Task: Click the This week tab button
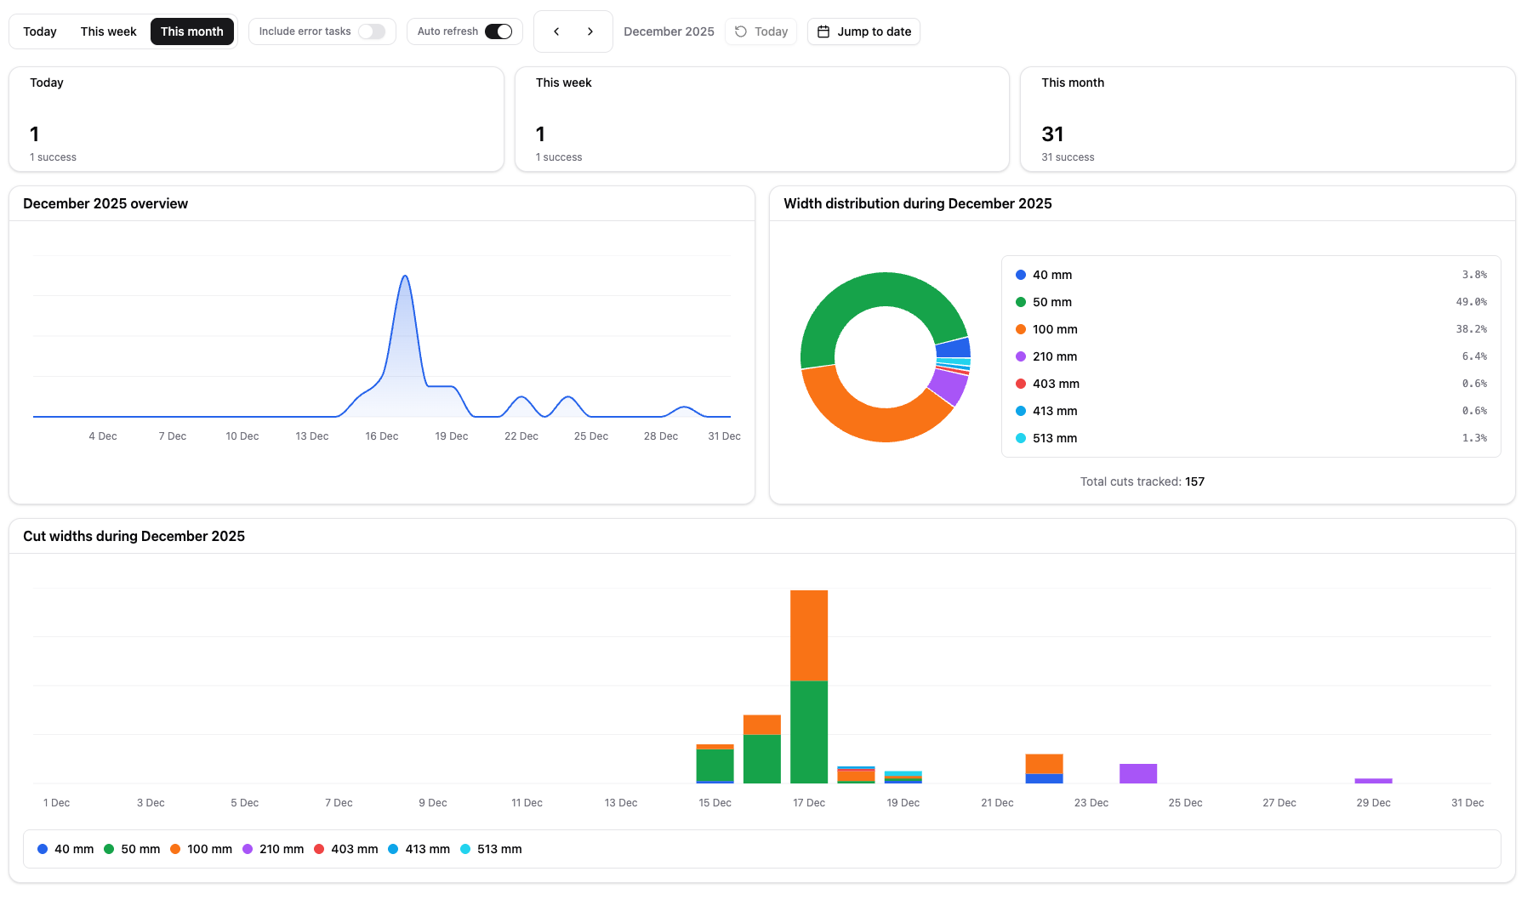108,31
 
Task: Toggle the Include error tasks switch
371,31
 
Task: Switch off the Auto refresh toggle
499,31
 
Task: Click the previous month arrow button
556,31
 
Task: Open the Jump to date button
863,31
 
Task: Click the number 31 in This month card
1052,134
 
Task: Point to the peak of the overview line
405,276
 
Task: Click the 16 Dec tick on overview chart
381,436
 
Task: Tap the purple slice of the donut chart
949,386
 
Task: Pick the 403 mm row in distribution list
1056,384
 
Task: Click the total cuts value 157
1194,481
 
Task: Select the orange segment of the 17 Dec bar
808,635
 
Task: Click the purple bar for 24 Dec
1137,773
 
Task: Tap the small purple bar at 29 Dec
1373,780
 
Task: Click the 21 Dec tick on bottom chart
997,803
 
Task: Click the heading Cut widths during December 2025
134,536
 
